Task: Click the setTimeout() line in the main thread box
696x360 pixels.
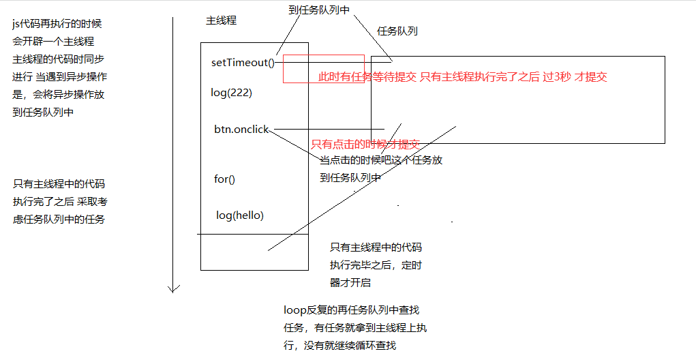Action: pos(243,63)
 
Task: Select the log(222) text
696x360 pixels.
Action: pos(232,93)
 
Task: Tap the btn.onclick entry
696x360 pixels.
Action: pos(241,129)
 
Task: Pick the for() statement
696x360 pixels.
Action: pos(224,179)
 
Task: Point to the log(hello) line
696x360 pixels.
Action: pos(240,215)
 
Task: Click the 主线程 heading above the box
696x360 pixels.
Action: pos(221,20)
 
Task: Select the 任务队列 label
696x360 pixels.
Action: pos(397,31)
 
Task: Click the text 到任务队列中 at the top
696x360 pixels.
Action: pos(319,10)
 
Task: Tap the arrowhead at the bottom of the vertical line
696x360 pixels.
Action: pos(174,288)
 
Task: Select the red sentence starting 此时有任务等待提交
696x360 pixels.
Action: pos(462,77)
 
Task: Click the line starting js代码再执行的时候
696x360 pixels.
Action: pos(57,24)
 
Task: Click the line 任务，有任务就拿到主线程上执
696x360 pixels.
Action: pos(355,328)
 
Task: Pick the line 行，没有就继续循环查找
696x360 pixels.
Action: pos(339,346)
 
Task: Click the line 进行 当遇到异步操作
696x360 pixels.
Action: pos(59,77)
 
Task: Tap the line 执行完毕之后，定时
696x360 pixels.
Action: pos(380,265)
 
